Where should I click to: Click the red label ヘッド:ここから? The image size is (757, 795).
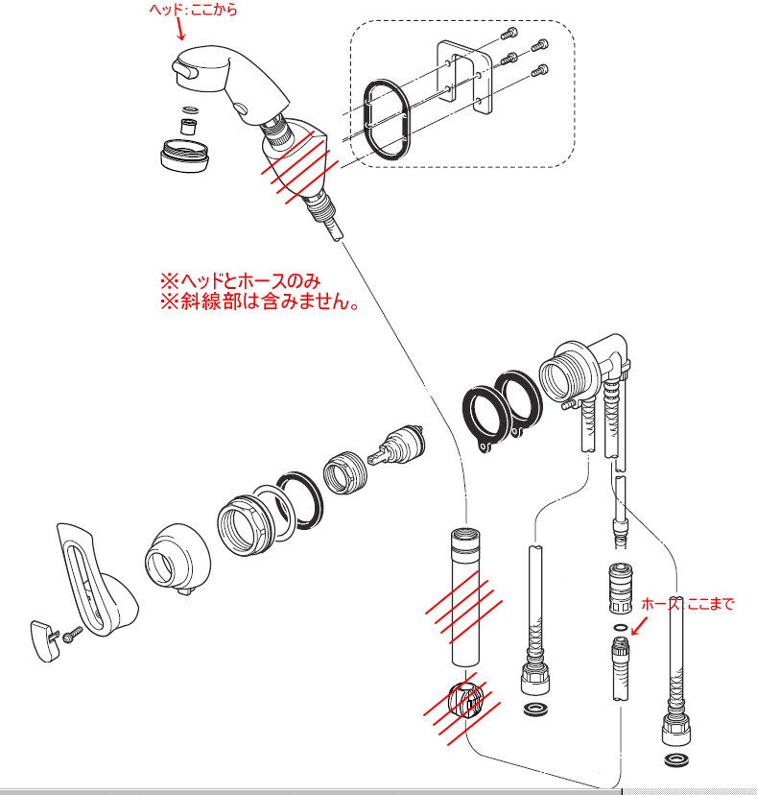192,11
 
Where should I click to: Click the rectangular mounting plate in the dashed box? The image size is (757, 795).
464,78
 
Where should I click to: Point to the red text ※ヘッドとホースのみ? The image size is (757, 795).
239,281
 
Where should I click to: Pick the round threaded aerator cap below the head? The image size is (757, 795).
187,154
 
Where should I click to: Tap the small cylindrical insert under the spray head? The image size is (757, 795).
190,127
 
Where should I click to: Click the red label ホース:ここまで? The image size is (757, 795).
687,604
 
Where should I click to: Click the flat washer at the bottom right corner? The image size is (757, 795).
676,761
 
